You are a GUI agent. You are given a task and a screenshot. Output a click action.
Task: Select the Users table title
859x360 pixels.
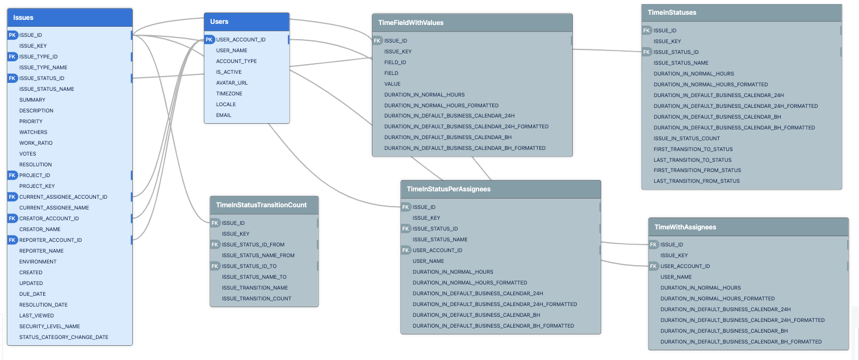point(219,22)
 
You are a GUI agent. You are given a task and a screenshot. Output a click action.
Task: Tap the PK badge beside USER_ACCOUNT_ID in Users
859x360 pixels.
point(209,40)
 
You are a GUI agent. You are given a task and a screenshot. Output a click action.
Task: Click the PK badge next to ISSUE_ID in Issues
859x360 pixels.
point(12,35)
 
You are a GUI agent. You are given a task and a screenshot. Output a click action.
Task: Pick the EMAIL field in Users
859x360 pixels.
point(224,115)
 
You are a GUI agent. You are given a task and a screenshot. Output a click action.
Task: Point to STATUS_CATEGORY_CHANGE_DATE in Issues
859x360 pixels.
point(64,337)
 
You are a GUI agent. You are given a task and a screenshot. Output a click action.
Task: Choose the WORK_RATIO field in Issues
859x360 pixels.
point(36,143)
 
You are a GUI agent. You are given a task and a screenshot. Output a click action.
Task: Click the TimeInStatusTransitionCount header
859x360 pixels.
point(261,205)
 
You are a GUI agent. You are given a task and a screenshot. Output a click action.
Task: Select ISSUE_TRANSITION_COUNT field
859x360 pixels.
point(257,299)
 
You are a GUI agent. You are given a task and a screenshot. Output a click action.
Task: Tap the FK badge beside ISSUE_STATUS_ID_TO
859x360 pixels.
point(215,266)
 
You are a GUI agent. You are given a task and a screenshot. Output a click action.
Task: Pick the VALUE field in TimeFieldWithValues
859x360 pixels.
point(392,84)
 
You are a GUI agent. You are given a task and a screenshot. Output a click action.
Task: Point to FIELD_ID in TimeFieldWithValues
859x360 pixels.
point(395,62)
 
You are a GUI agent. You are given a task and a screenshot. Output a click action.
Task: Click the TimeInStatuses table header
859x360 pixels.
point(672,12)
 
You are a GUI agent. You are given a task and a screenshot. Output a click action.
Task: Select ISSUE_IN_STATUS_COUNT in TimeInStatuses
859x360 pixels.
point(686,139)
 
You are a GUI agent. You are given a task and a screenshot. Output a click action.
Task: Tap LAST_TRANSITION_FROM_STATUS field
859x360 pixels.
point(697,181)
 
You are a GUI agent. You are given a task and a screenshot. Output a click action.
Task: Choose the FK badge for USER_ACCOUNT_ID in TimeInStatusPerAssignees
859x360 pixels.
point(406,250)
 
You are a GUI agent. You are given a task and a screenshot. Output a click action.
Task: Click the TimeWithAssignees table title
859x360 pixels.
point(685,227)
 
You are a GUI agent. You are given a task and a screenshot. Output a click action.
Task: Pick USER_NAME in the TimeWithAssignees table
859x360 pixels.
point(676,277)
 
